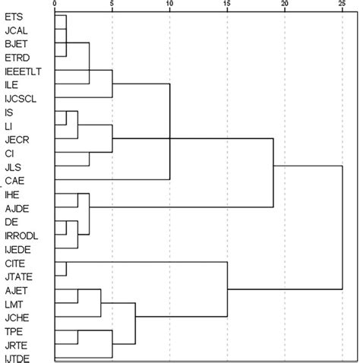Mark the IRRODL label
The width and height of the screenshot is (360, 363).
click(x=21, y=235)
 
